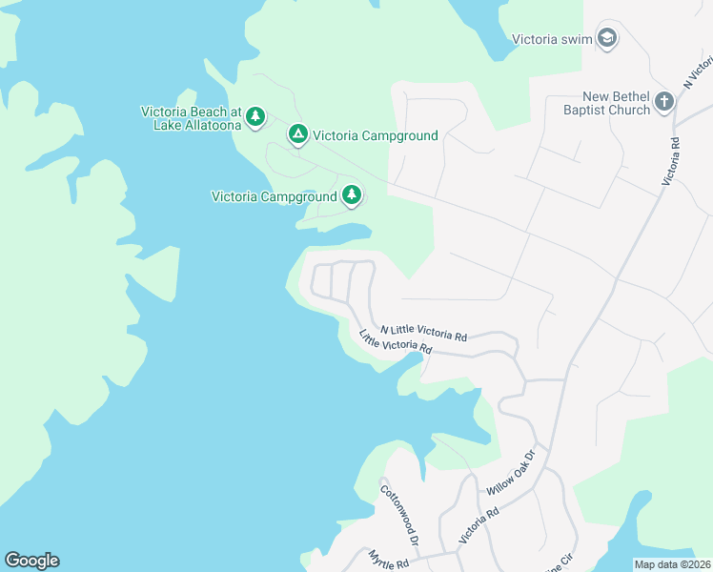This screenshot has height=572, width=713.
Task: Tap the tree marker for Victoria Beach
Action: pyautogui.click(x=255, y=117)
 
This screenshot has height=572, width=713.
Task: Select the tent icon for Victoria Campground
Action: pyautogui.click(x=298, y=135)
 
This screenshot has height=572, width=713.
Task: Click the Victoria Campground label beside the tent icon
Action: pyautogui.click(x=376, y=135)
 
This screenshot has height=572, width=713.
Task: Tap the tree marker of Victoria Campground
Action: pyautogui.click(x=353, y=196)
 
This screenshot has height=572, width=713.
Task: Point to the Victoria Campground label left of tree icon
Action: pyautogui.click(x=274, y=197)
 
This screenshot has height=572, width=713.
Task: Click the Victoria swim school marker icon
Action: pyautogui.click(x=607, y=39)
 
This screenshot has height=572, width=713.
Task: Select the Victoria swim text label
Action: pyautogui.click(x=552, y=40)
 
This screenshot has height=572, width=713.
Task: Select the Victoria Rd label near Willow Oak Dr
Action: pyautogui.click(x=479, y=525)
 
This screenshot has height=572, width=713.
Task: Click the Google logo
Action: pyautogui.click(x=31, y=561)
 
